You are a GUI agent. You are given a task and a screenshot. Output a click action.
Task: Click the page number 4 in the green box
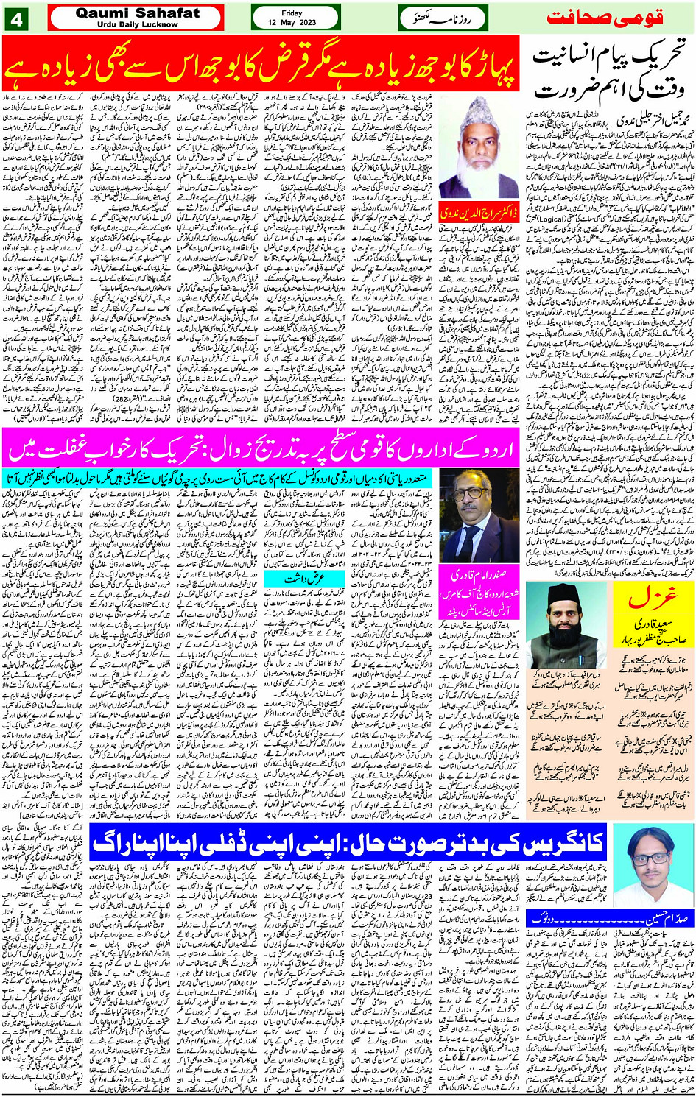tap(17, 18)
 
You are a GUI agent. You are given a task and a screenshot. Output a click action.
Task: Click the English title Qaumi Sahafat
tap(137, 13)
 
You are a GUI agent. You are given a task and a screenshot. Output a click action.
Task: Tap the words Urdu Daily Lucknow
tap(137, 24)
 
